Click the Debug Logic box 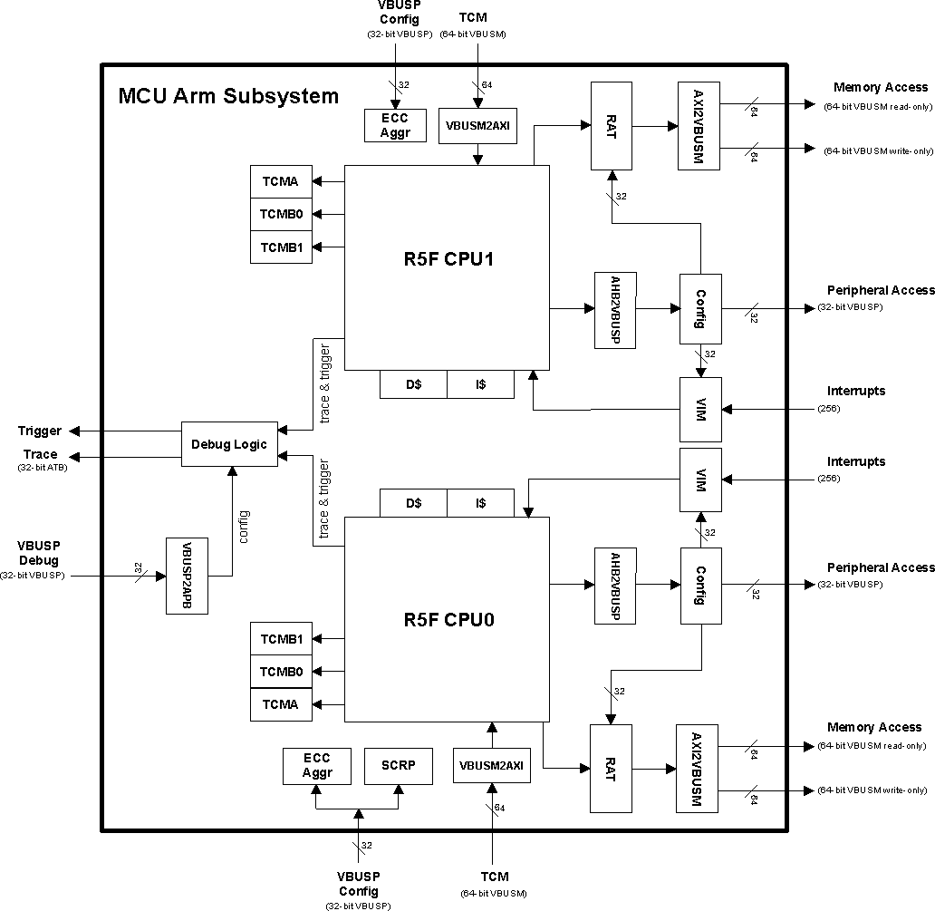pyautogui.click(x=229, y=444)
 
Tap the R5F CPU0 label pyautogui.click(x=447, y=621)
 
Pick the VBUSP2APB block pyautogui.click(x=187, y=576)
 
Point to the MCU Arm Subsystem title pyautogui.click(x=228, y=96)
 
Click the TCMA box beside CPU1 pyautogui.click(x=281, y=181)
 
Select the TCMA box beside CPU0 pyautogui.click(x=281, y=704)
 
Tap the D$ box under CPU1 pyautogui.click(x=413, y=384)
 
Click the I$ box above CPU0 pyautogui.click(x=480, y=503)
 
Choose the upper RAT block pyautogui.click(x=612, y=125)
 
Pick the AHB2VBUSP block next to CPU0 pyautogui.click(x=615, y=586)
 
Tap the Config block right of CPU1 pyautogui.click(x=700, y=309)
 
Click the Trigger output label pyautogui.click(x=40, y=431)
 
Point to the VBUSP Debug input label pyautogui.click(x=37, y=555)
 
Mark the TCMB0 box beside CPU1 pyautogui.click(x=281, y=214)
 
